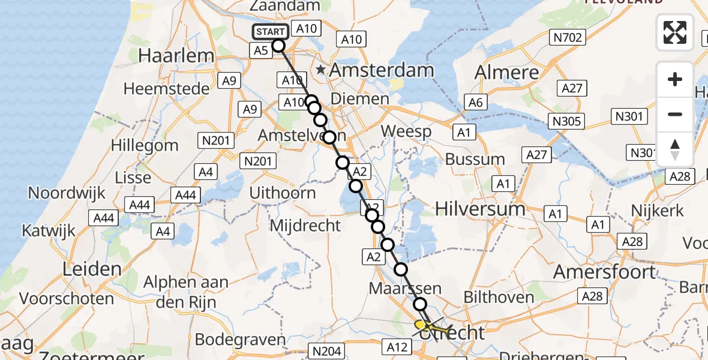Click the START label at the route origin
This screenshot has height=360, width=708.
point(270,32)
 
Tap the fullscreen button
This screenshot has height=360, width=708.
point(675,32)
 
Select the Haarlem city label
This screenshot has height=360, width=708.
point(176,56)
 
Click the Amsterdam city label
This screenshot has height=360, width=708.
point(381,70)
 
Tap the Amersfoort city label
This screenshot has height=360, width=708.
point(604,272)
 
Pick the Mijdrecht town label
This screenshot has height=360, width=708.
point(305,226)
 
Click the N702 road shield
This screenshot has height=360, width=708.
point(566,38)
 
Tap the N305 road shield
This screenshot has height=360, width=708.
point(566,121)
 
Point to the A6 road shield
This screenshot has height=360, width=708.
point(475,103)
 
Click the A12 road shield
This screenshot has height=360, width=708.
point(397,347)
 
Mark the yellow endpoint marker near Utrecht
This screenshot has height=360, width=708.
point(420,324)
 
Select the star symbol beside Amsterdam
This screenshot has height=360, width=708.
point(322,70)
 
